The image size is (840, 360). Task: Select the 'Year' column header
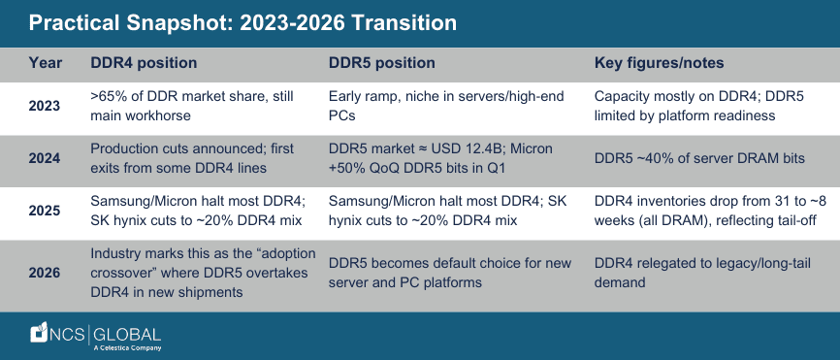46,63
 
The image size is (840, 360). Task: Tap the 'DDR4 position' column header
144,63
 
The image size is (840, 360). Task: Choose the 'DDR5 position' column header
381,63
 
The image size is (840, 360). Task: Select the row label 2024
45,157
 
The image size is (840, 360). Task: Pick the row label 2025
45,209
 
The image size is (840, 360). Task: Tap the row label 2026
45,270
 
